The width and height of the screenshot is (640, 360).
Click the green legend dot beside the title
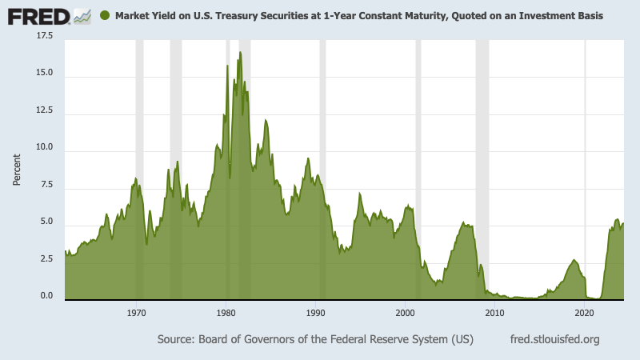[x=105, y=15]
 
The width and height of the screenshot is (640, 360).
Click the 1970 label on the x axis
[x=137, y=311]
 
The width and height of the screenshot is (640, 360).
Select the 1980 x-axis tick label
[x=226, y=311]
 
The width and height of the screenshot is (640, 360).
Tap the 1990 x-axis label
[x=316, y=311]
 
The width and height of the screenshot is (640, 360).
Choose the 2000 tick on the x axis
[x=406, y=311]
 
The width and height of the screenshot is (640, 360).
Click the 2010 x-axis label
[x=495, y=311]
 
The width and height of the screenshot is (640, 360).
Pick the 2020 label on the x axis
[x=585, y=311]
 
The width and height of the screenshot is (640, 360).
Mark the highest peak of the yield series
[x=240, y=53]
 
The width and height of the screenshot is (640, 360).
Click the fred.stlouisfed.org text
[x=554, y=339]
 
